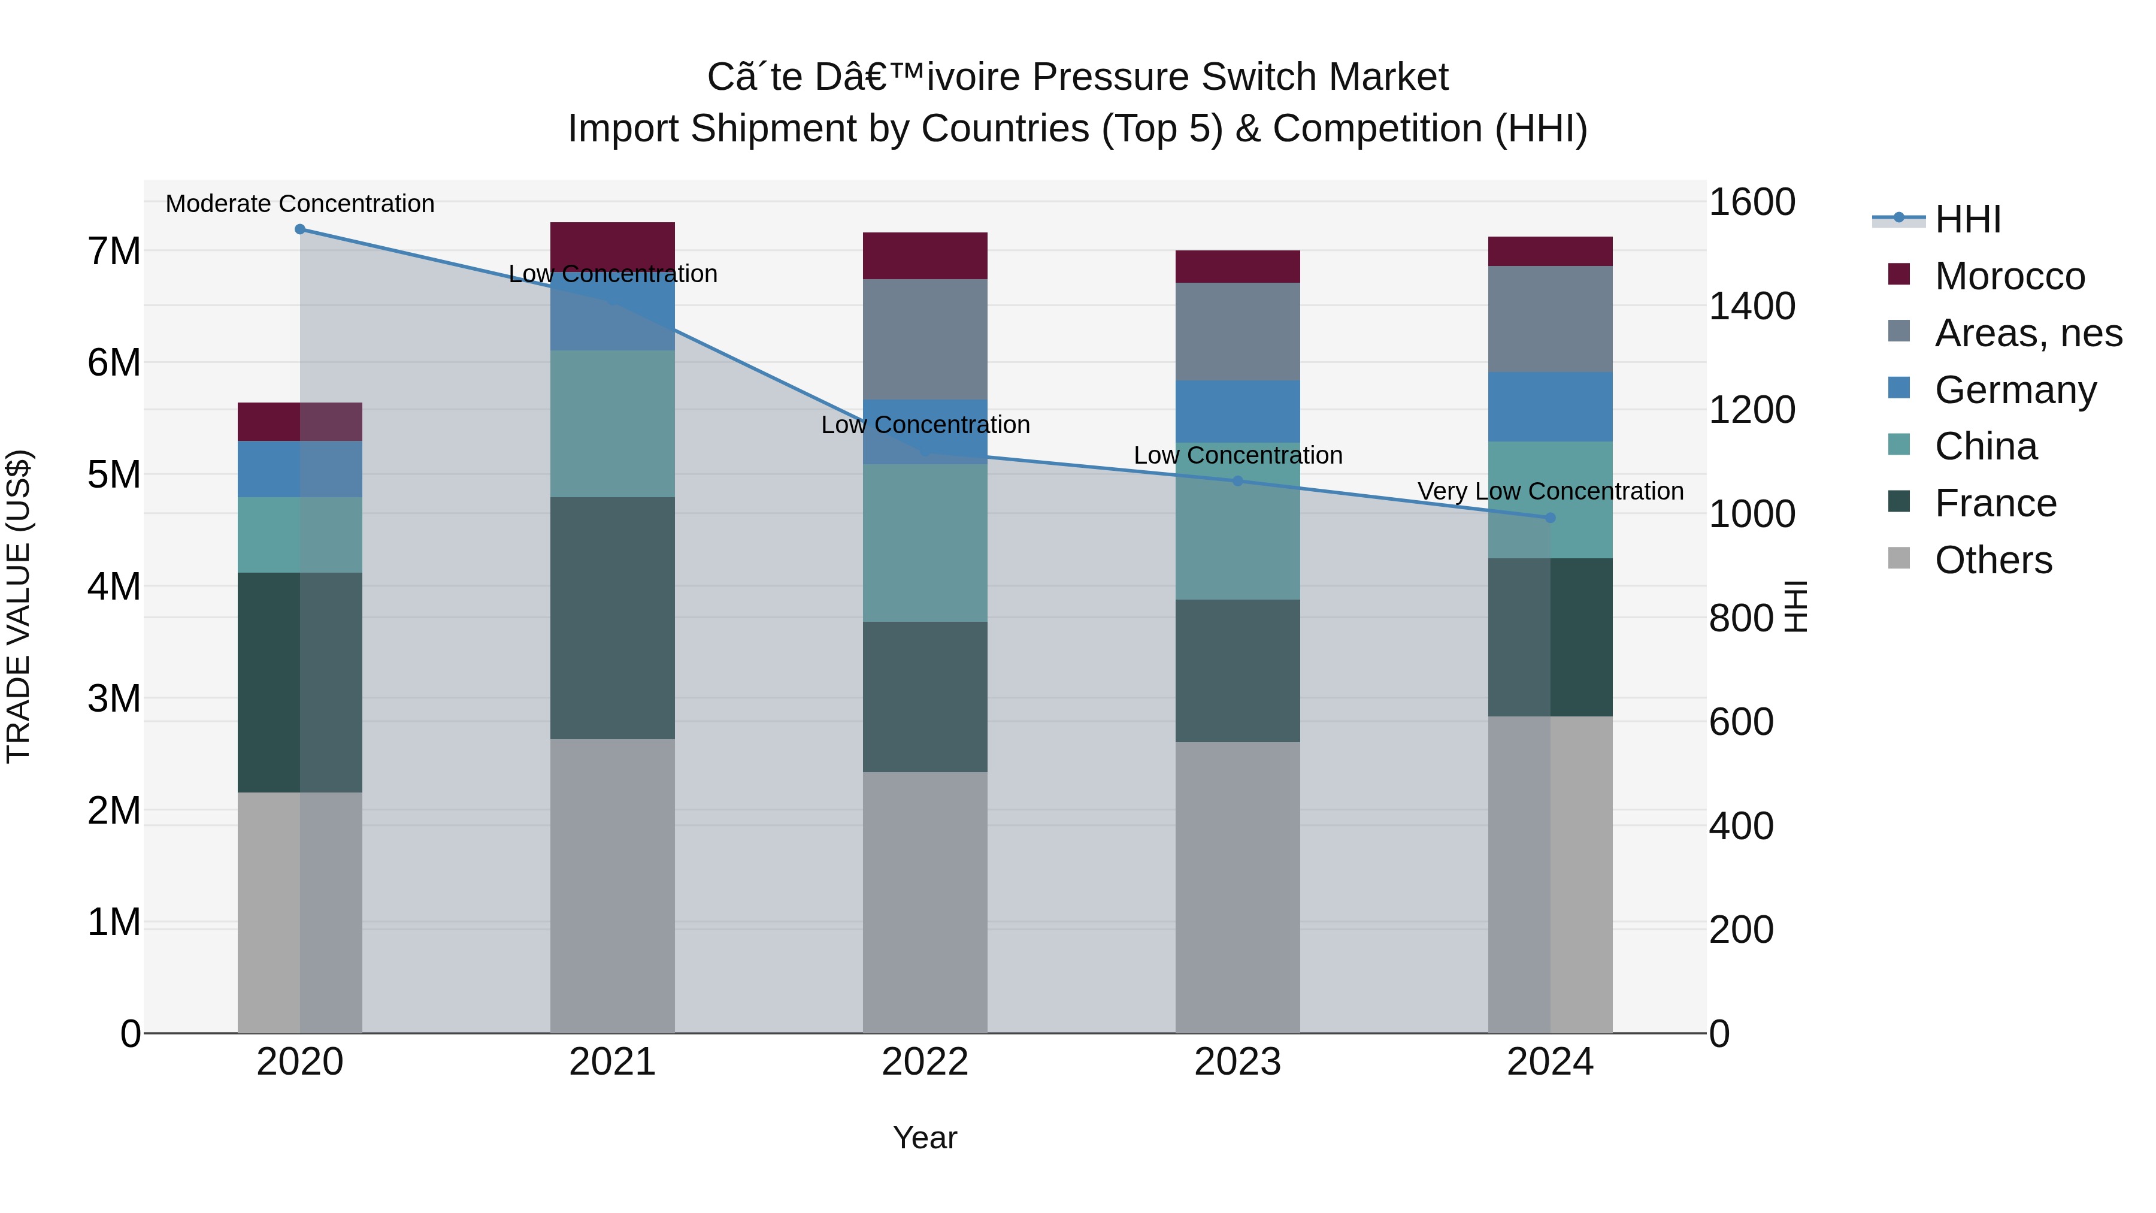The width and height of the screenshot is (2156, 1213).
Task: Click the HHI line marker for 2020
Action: [299, 229]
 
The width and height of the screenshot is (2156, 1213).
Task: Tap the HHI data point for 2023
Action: [1238, 480]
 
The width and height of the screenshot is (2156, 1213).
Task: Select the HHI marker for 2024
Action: [1550, 518]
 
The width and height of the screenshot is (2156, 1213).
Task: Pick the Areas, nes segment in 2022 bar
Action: [925, 339]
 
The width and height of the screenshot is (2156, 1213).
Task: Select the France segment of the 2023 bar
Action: [1238, 670]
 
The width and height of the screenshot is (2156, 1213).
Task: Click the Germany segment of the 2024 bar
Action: [1550, 407]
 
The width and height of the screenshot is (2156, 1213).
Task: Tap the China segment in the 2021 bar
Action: [613, 424]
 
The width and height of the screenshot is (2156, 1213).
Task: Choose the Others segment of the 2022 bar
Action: [925, 903]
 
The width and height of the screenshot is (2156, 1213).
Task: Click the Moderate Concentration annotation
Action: [299, 204]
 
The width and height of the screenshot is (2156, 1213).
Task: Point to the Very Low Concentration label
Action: [1550, 491]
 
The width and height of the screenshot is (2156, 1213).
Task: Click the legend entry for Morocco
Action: [2009, 276]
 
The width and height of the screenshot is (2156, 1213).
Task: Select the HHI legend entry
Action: [1967, 219]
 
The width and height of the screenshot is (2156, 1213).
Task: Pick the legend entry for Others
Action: [1993, 560]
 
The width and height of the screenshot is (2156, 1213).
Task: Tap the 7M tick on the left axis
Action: [114, 251]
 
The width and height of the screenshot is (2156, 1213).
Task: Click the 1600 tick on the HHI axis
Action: [1751, 202]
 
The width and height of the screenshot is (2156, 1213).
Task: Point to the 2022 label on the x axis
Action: [925, 1062]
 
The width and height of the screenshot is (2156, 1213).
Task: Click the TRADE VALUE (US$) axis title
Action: [19, 606]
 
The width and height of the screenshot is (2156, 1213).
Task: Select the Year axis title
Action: [925, 1138]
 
